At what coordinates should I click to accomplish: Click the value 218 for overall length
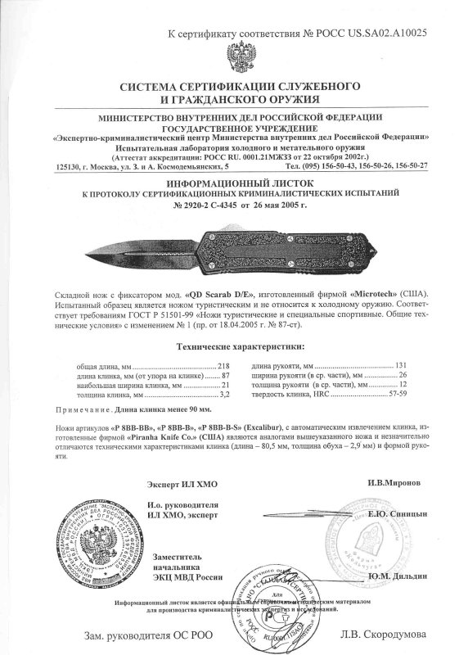pyautogui.click(x=223, y=365)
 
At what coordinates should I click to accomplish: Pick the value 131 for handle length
pyautogui.click(x=377, y=365)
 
